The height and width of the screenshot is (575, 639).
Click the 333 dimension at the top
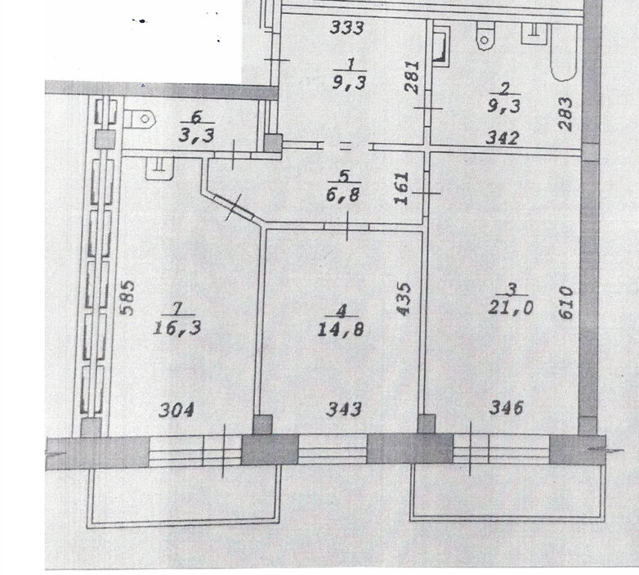click(x=346, y=28)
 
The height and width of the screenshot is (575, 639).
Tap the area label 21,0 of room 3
click(x=511, y=307)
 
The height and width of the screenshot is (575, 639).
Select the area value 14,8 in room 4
click(x=340, y=329)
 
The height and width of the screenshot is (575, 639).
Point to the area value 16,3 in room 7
click(x=177, y=327)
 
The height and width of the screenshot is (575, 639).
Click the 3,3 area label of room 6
click(x=196, y=135)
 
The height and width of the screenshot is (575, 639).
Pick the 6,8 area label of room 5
click(x=342, y=194)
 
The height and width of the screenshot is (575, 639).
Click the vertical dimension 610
click(x=566, y=302)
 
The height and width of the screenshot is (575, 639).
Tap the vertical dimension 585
click(x=128, y=297)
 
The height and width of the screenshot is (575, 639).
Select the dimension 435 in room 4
click(x=404, y=299)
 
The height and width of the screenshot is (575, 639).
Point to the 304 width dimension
click(x=176, y=410)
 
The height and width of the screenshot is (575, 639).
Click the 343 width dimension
click(x=343, y=409)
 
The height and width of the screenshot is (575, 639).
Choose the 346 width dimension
click(x=506, y=407)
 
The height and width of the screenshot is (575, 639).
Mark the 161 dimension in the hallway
click(x=401, y=188)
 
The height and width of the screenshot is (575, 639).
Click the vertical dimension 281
click(x=413, y=78)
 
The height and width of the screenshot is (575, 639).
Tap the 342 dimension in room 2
click(x=503, y=138)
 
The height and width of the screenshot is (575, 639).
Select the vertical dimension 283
click(x=565, y=114)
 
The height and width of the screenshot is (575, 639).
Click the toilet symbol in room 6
click(x=141, y=119)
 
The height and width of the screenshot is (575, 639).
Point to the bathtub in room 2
click(x=564, y=52)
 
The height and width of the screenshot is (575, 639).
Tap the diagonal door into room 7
click(x=235, y=206)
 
